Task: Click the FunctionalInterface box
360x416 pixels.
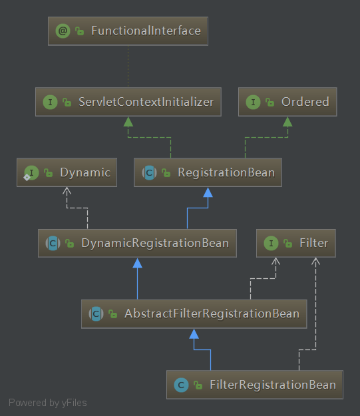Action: pos(128,31)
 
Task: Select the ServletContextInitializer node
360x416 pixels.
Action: pos(128,102)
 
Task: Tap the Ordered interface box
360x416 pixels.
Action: pos(287,102)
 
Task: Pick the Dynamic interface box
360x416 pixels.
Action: pos(67,172)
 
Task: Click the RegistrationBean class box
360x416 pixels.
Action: pos(208,172)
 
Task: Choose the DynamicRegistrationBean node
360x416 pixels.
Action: pos(137,243)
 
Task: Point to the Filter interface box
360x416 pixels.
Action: pos(296,243)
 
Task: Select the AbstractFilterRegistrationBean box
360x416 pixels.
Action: pos(194,314)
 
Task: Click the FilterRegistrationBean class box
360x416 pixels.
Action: pos(255,385)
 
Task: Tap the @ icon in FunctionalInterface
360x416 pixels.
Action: pos(63,31)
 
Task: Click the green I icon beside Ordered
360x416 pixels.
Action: pos(253,102)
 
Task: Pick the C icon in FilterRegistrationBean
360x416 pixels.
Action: pos(181,385)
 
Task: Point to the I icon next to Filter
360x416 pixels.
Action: pos(271,243)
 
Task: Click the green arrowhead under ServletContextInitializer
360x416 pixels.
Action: pos(128,122)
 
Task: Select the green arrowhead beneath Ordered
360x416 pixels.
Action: pos(287,122)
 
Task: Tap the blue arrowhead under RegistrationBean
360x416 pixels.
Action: pos(208,192)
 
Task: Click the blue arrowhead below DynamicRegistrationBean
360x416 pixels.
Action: pos(138,263)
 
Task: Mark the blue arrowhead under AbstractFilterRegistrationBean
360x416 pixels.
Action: pos(194,333)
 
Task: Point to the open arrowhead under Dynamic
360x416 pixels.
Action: pos(67,190)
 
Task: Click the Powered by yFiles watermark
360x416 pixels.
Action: pos(48,403)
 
